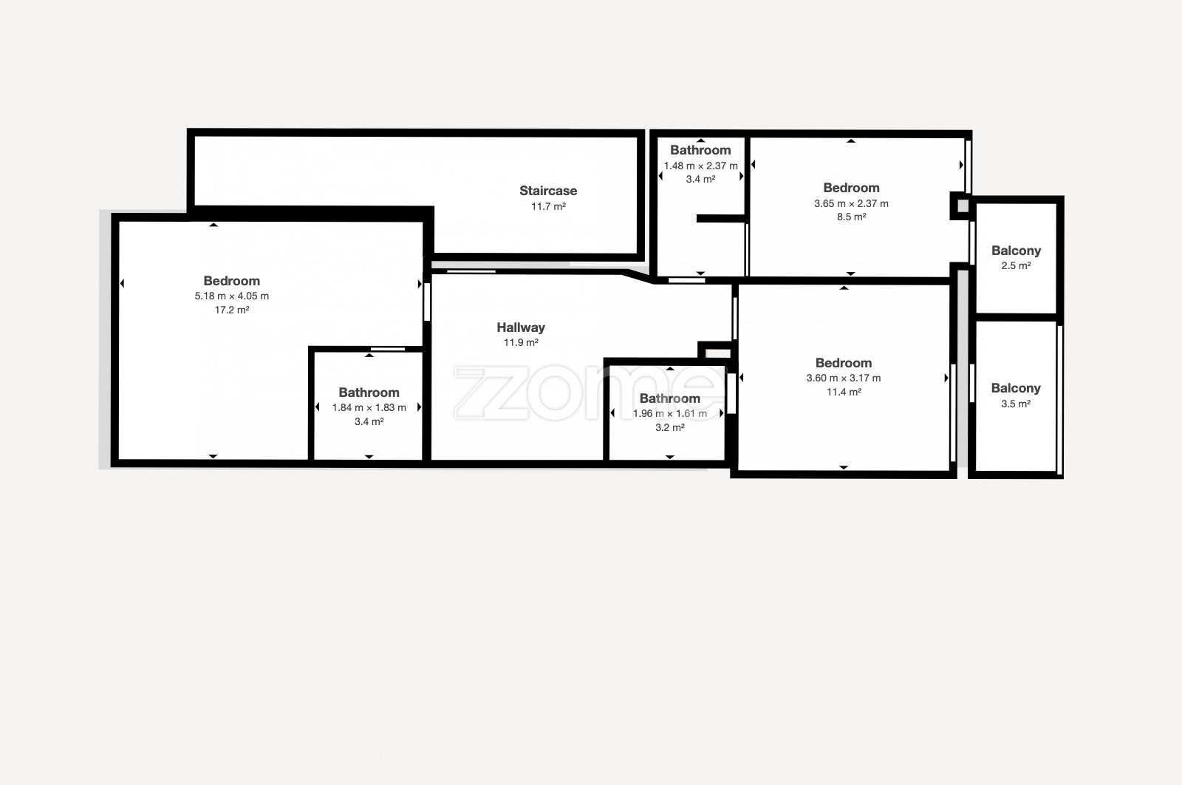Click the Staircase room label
tap(548, 191)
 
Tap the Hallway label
tap(521, 327)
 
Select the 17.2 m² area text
tap(232, 310)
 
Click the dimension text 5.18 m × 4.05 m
tap(232, 296)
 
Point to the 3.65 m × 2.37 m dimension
tap(851, 203)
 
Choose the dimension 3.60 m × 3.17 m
tap(843, 378)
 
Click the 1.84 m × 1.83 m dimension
tap(369, 407)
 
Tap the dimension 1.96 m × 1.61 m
tap(669, 413)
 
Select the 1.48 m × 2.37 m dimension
tap(701, 166)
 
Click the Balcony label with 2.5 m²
tap(1016, 251)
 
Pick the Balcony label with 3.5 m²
tap(1016, 389)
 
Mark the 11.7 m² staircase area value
tap(548, 206)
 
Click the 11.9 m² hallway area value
tap(521, 343)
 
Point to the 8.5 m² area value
tap(851, 217)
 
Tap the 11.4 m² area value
tap(844, 392)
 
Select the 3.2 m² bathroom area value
tap(669, 427)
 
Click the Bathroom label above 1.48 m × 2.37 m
tap(700, 150)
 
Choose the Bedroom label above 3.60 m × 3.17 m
tap(843, 363)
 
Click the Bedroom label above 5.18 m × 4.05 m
tap(232, 281)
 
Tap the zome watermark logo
tap(588, 393)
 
